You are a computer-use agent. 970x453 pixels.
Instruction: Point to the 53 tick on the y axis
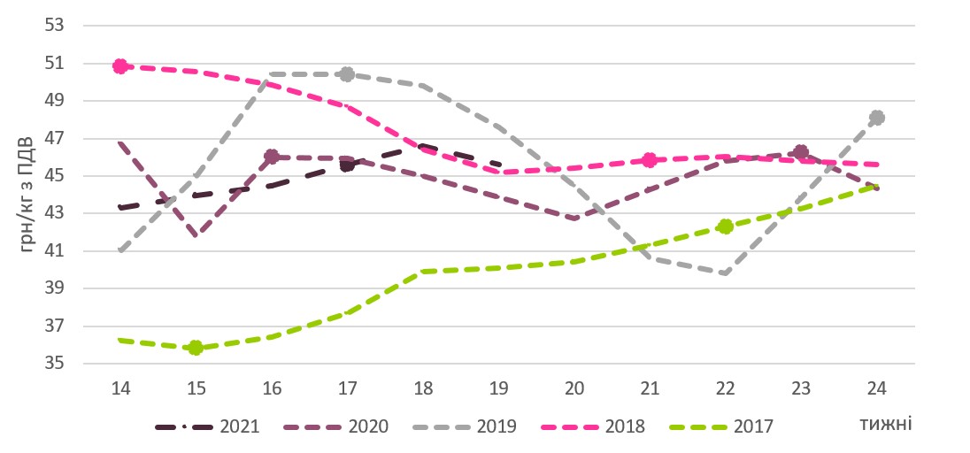[x=55, y=25]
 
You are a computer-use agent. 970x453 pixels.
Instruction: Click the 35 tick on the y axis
[x=55, y=364]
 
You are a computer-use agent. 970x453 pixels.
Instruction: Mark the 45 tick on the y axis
[x=55, y=175]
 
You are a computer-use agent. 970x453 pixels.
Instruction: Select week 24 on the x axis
[x=877, y=388]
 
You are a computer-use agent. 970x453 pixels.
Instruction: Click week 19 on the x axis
[x=498, y=388]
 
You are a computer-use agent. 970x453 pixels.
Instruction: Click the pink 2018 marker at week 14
[x=120, y=66]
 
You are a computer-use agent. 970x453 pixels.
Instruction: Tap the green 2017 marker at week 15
[x=196, y=348]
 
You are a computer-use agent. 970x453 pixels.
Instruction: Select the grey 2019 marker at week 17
[x=347, y=74]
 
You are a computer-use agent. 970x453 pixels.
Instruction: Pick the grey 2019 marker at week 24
[x=877, y=118]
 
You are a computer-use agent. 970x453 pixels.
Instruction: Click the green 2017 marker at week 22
[x=726, y=226]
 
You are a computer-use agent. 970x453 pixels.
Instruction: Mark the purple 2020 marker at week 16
[x=272, y=157]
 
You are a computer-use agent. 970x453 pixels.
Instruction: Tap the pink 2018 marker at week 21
[x=650, y=160]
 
